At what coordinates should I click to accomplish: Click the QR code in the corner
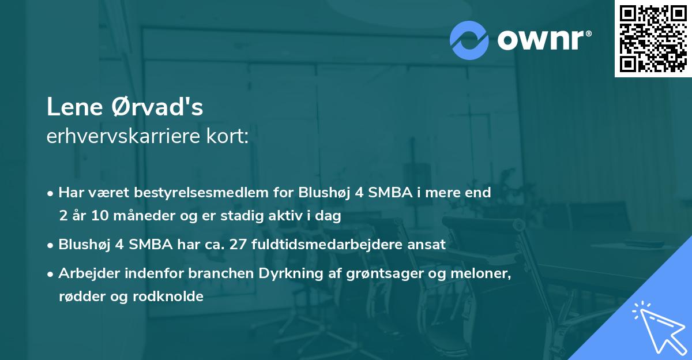click(653, 38)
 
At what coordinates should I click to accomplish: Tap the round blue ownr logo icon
click(469, 40)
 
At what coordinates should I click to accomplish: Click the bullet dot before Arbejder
click(51, 273)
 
